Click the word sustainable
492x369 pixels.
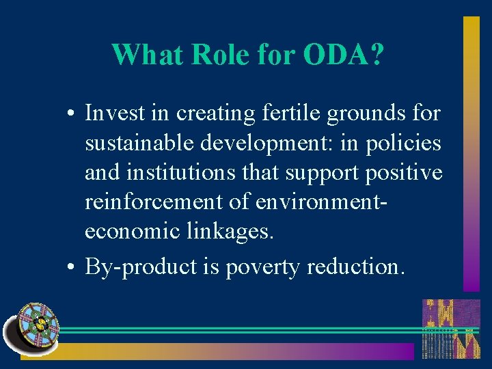tap(140, 143)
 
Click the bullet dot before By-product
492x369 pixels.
tap(72, 266)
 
